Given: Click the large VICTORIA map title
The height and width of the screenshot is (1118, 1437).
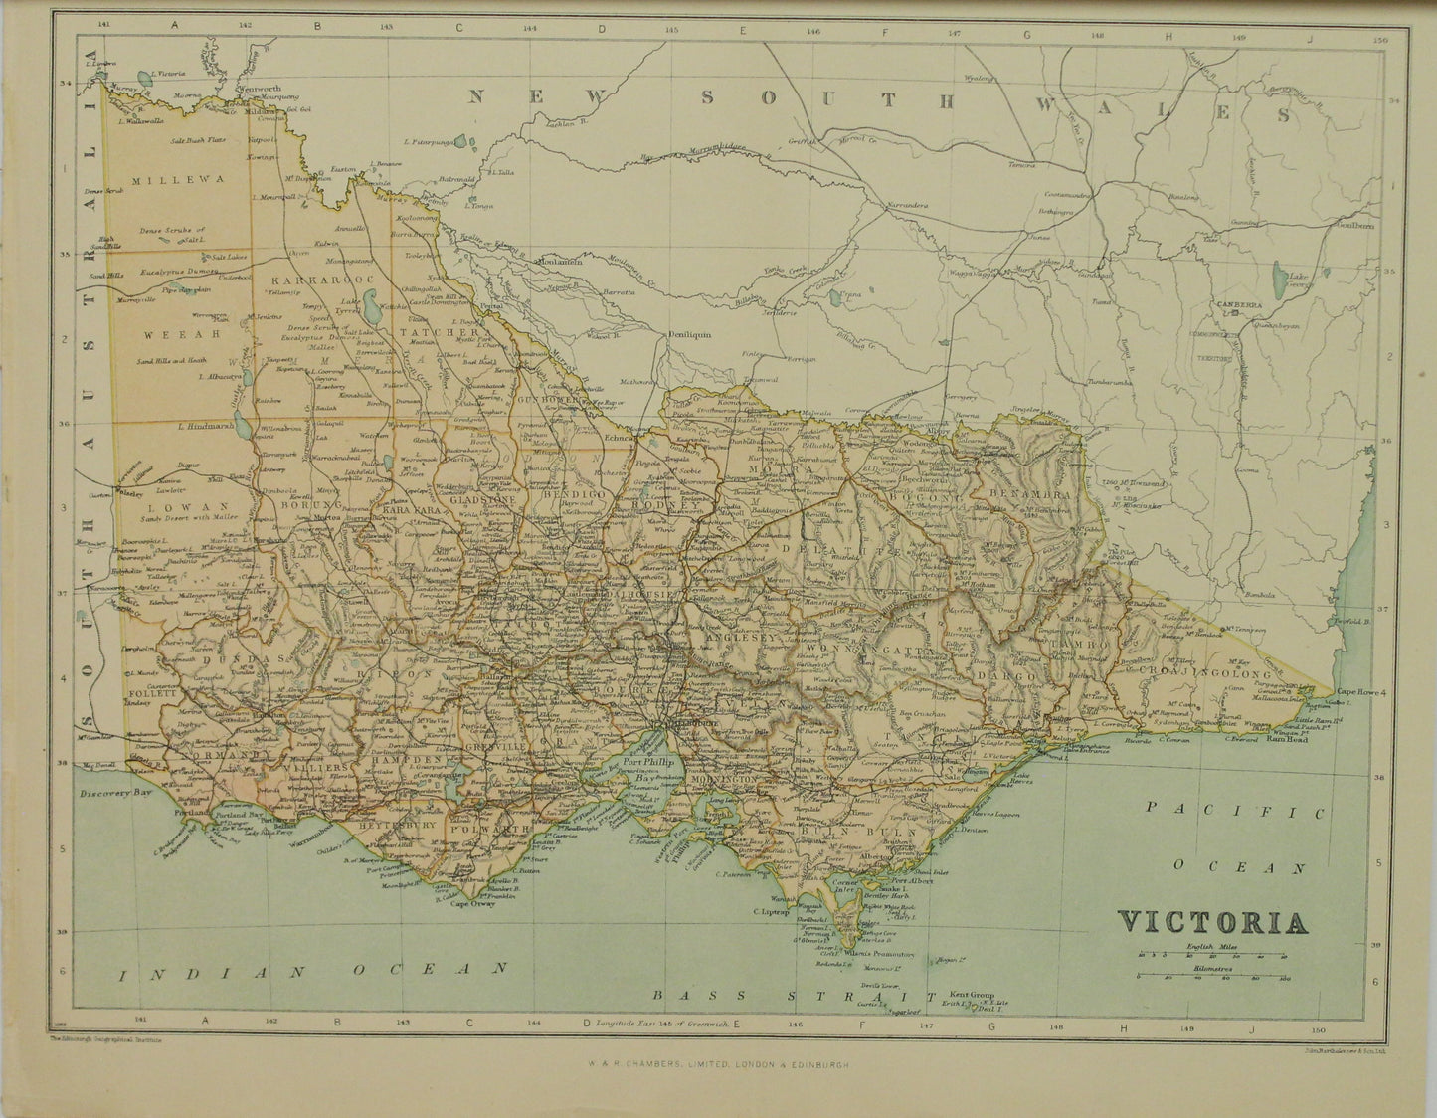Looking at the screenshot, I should (x=1214, y=921).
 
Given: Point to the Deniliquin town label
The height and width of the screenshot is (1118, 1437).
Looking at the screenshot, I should (x=689, y=336).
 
